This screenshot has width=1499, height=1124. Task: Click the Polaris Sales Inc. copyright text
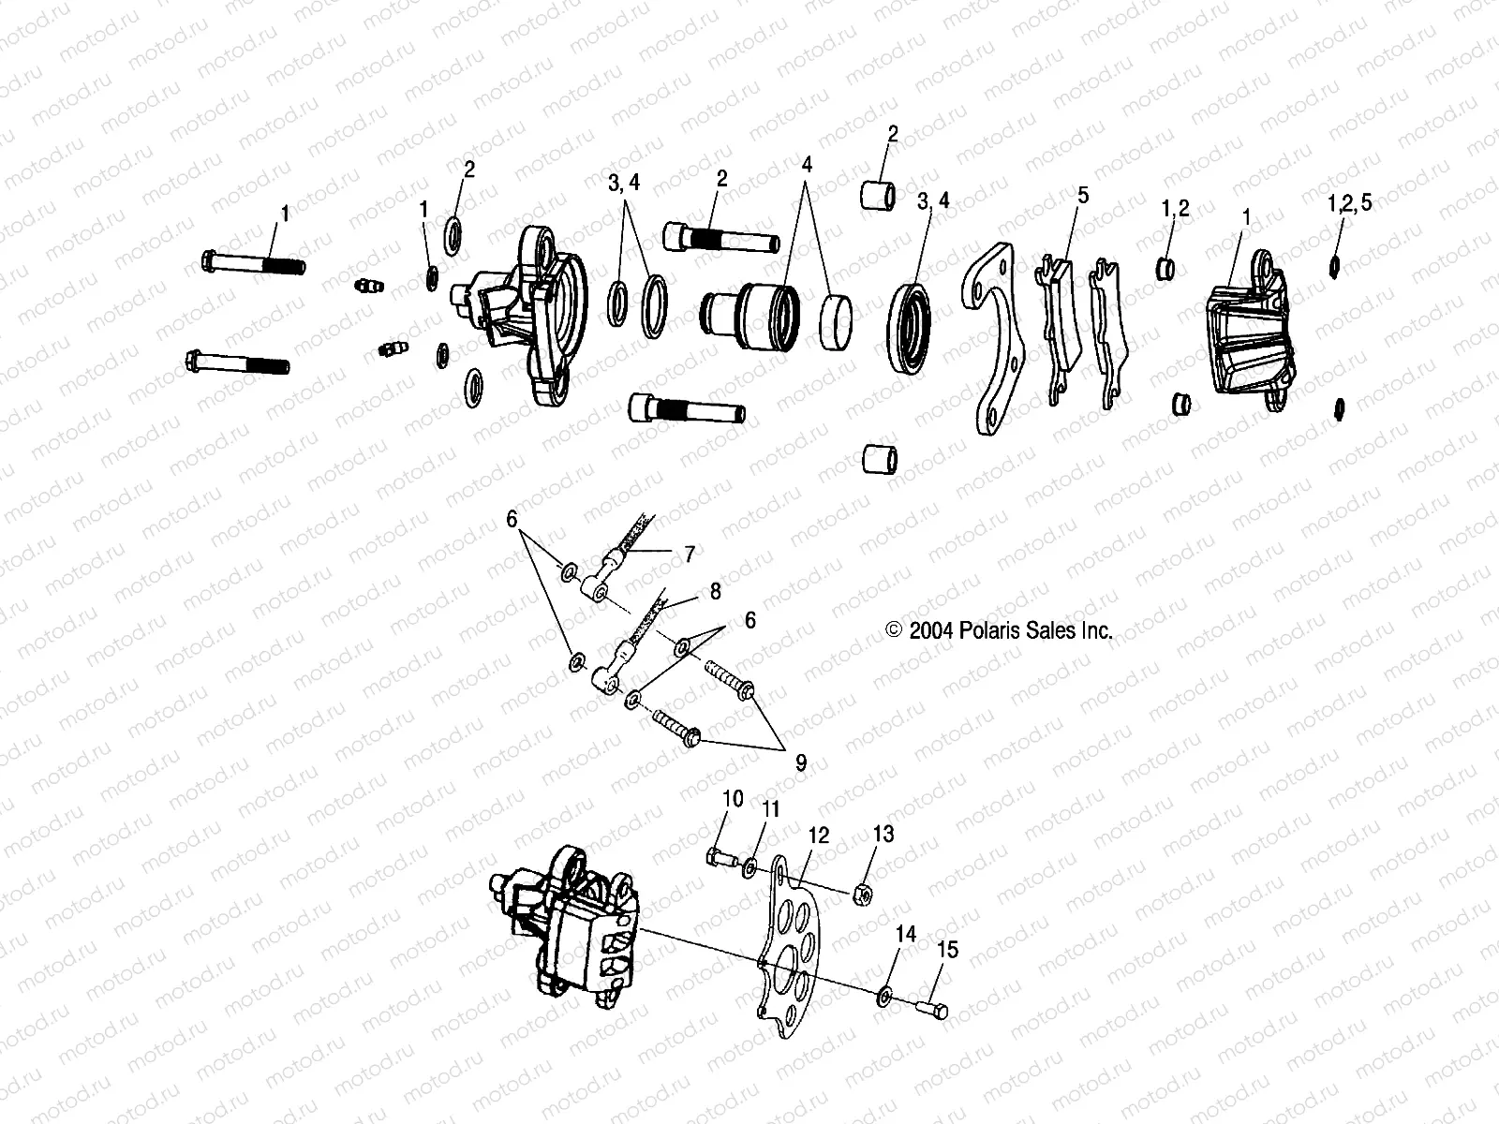coord(1000,631)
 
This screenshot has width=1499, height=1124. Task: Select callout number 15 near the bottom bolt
coord(947,950)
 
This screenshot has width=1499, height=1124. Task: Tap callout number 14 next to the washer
coord(905,935)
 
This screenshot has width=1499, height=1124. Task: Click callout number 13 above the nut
coord(883,834)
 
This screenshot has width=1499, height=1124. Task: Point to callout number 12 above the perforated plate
coord(819,836)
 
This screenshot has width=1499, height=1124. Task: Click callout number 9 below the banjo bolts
coord(800,763)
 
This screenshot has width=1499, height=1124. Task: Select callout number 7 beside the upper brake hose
coord(689,555)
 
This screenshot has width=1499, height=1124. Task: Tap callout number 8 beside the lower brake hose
coord(715,592)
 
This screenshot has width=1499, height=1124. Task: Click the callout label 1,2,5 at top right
coord(1349,203)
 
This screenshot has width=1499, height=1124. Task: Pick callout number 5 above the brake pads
coord(1083,195)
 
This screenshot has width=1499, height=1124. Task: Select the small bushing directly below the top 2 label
coord(878,198)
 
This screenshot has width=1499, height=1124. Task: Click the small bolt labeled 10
coord(720,855)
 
